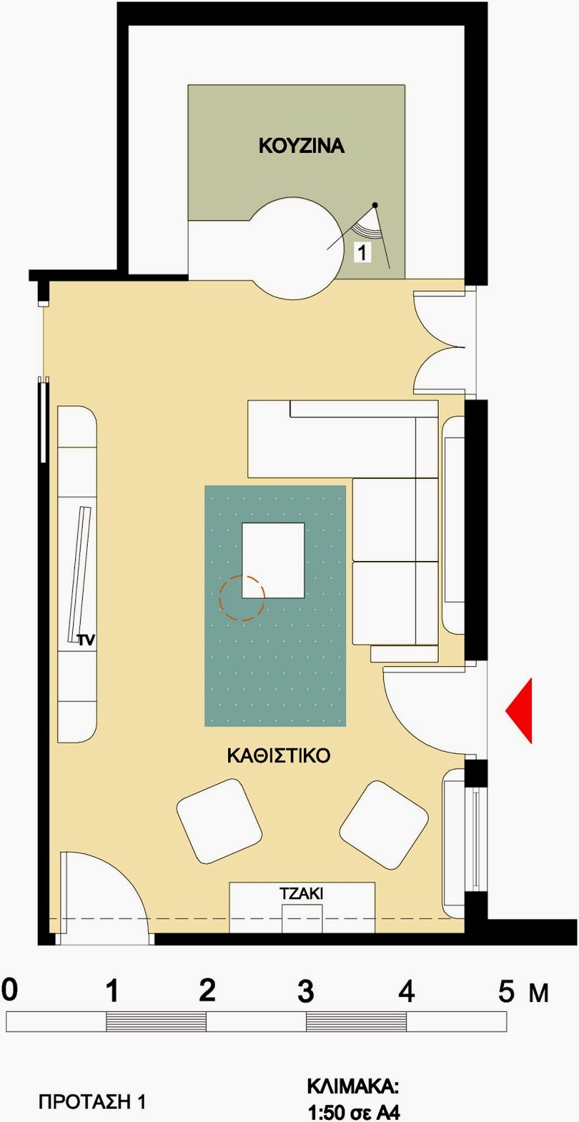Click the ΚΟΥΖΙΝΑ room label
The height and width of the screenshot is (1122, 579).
coord(301,146)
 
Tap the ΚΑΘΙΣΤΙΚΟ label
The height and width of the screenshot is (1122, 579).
coord(279,756)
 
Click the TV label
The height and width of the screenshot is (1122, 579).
coord(86,640)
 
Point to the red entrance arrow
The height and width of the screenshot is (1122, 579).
coord(519,710)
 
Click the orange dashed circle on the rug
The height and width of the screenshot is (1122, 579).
coord(242,598)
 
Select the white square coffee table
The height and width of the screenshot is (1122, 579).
coord(273,560)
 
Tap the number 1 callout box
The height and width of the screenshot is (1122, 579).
coord(362,252)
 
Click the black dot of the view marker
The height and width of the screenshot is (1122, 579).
coord(375,205)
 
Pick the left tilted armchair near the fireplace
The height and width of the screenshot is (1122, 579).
coord(220,821)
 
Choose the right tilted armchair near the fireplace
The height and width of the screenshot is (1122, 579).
coord(384,823)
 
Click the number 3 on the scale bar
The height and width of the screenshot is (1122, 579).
coord(305,991)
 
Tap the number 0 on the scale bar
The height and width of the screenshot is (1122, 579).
coord(10,989)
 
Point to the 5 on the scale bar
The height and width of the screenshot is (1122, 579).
coord(506,991)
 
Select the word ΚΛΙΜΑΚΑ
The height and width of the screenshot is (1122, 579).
coord(353,1087)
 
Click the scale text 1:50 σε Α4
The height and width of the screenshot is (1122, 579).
coord(354,1112)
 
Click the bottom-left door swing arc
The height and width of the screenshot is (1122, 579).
coord(126,874)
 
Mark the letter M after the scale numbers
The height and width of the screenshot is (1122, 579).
coord(539,993)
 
